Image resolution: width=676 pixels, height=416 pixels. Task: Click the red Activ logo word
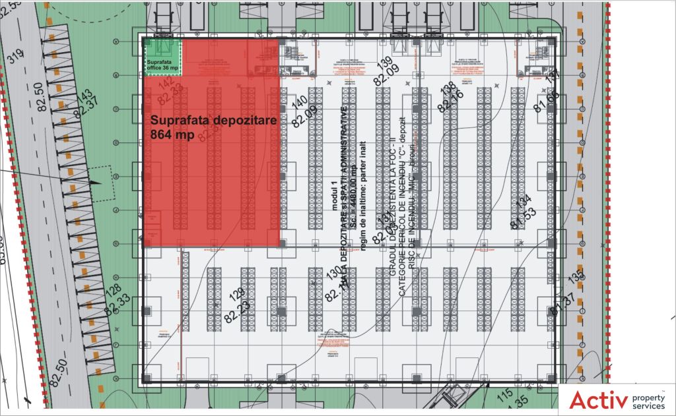(597, 400)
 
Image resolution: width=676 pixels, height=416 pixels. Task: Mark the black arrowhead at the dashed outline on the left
(96, 182)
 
